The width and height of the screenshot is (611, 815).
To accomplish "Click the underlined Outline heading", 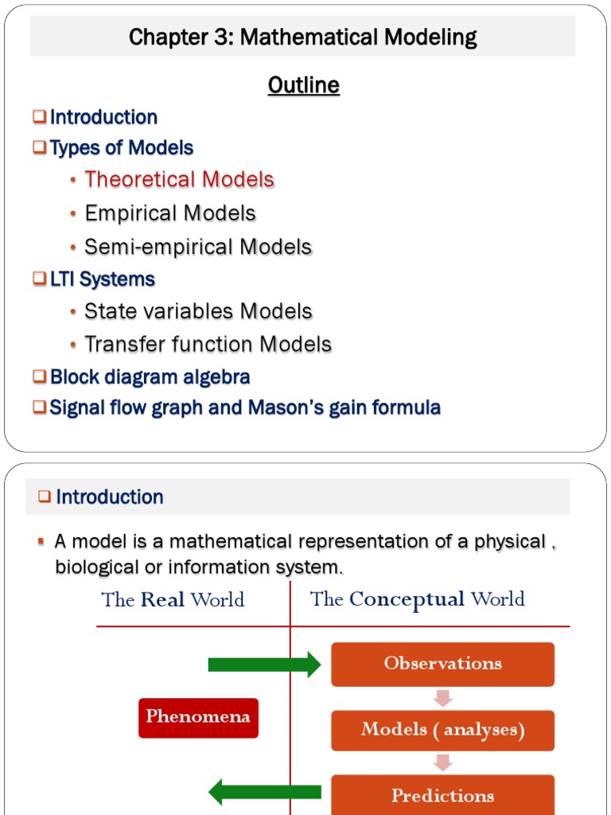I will (304, 85).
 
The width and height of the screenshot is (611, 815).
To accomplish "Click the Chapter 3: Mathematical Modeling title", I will (303, 37).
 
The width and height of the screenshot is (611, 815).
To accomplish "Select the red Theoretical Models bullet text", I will (179, 179).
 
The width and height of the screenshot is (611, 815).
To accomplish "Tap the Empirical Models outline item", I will (170, 213).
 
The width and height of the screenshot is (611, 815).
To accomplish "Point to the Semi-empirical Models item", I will (198, 247).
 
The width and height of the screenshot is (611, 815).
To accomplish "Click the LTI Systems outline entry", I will (102, 279).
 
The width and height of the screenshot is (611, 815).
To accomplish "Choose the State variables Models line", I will (198, 311).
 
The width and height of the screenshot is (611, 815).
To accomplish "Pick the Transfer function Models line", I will (208, 345).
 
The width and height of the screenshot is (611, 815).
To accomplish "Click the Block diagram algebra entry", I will (150, 376).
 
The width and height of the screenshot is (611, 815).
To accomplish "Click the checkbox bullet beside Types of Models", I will (40, 148).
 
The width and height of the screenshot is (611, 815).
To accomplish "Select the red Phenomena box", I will (198, 717).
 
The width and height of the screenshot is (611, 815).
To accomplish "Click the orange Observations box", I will (442, 664).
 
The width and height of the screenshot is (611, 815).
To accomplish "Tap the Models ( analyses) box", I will (442, 730).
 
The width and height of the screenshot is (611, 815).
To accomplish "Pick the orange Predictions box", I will (442, 795).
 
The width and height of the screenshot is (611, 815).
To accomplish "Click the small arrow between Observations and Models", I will (443, 698).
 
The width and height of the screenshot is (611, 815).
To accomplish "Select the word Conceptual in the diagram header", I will (407, 599).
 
